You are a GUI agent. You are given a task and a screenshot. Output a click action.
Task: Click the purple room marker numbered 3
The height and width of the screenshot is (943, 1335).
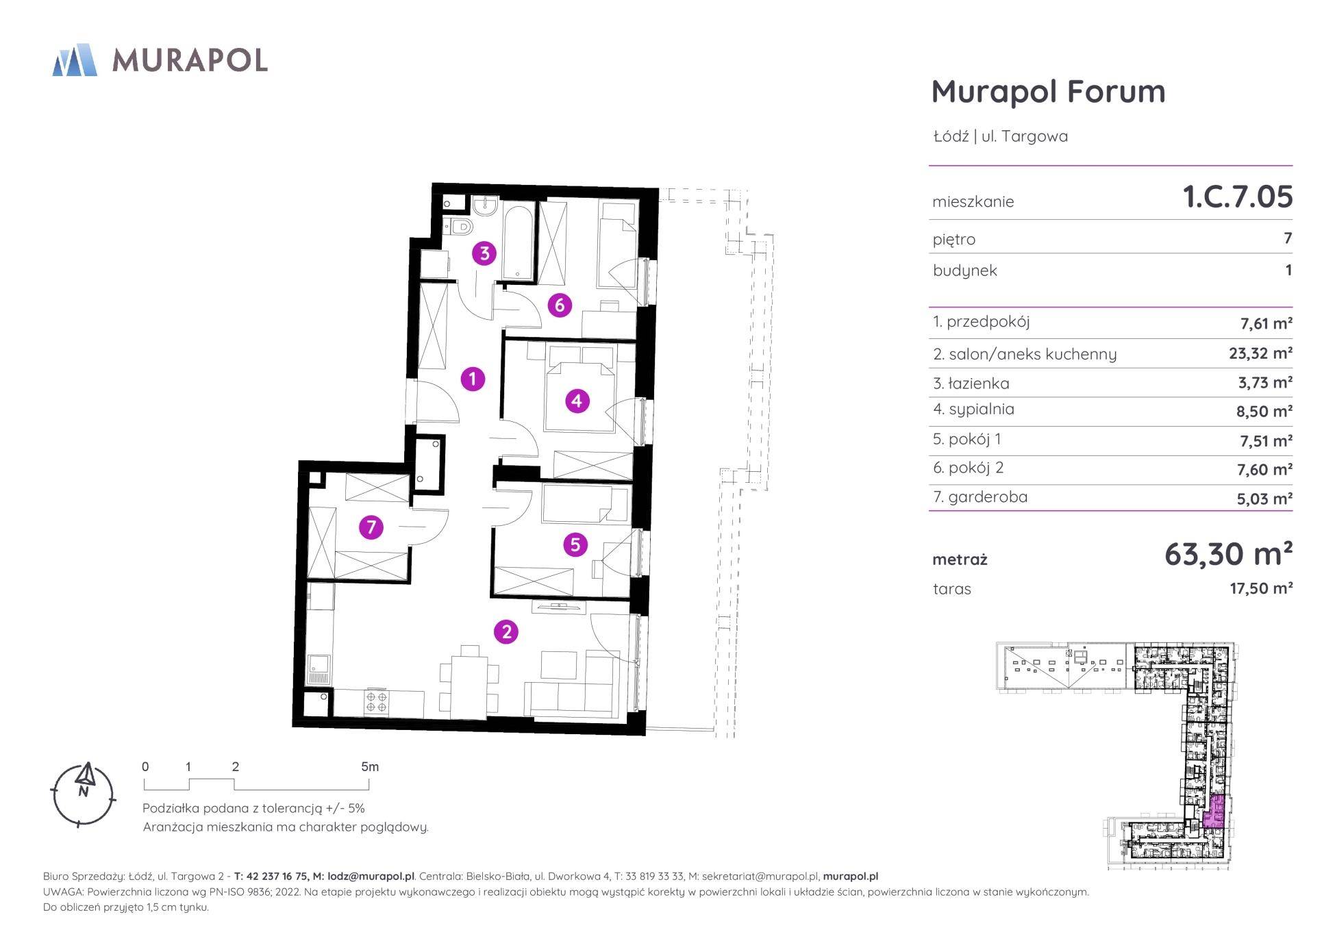484,253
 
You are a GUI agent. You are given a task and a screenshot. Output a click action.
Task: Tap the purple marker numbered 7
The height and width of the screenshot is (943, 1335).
371,527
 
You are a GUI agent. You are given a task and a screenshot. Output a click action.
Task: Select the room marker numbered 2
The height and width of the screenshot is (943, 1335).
506,631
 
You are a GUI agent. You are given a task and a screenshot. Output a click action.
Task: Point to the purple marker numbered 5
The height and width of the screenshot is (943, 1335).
575,544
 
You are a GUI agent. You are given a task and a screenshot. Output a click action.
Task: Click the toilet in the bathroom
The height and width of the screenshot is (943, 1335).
461,226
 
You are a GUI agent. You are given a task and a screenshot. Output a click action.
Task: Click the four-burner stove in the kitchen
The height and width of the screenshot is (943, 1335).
377,702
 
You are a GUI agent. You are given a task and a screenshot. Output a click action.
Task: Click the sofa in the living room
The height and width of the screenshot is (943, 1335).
572,689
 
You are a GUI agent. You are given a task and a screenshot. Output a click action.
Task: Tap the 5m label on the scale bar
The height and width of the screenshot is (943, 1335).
370,767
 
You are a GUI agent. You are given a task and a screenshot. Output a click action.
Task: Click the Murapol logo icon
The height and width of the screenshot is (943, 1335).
75,60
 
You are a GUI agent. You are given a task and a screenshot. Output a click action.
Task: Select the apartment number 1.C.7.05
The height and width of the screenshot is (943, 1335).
1238,197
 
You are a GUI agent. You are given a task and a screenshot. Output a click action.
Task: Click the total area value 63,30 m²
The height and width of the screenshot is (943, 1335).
1228,553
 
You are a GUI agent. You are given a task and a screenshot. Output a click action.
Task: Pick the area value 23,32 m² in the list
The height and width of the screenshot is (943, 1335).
1260,353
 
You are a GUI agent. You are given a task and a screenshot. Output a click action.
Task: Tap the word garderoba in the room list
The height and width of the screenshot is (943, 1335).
988,496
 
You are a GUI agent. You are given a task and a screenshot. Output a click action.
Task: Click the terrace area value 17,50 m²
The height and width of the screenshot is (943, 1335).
1261,588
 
